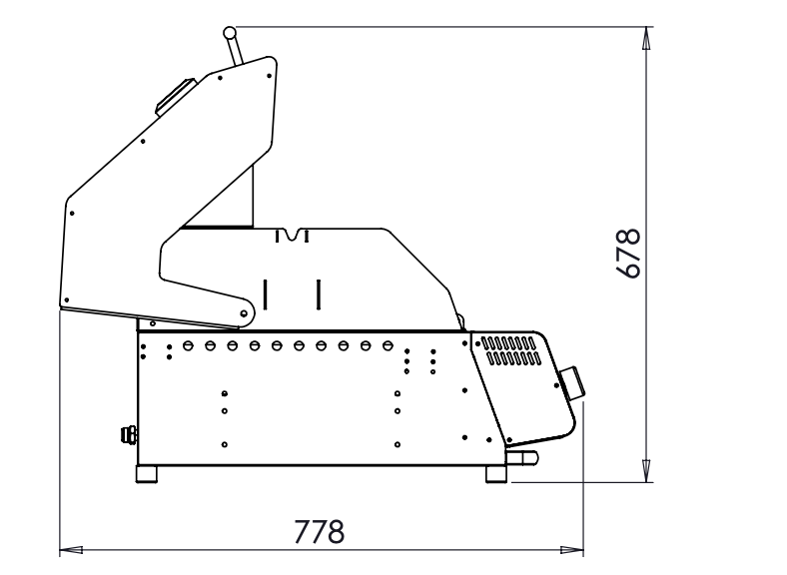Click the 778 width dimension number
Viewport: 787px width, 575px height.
pyautogui.click(x=319, y=531)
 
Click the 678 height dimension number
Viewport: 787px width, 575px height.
pyautogui.click(x=628, y=254)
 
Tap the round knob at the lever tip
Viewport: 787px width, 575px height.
pyautogui.click(x=230, y=33)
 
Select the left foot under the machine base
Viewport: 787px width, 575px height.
pyautogui.click(x=147, y=474)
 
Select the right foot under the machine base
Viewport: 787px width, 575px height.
pyautogui.click(x=496, y=474)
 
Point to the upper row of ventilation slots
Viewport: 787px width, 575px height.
pyautogui.click(x=508, y=343)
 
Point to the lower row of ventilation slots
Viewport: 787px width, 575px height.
pyautogui.click(x=514, y=358)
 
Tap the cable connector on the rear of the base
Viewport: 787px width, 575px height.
pyautogui.click(x=129, y=434)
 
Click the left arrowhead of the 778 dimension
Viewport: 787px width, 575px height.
pyautogui.click(x=71, y=550)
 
